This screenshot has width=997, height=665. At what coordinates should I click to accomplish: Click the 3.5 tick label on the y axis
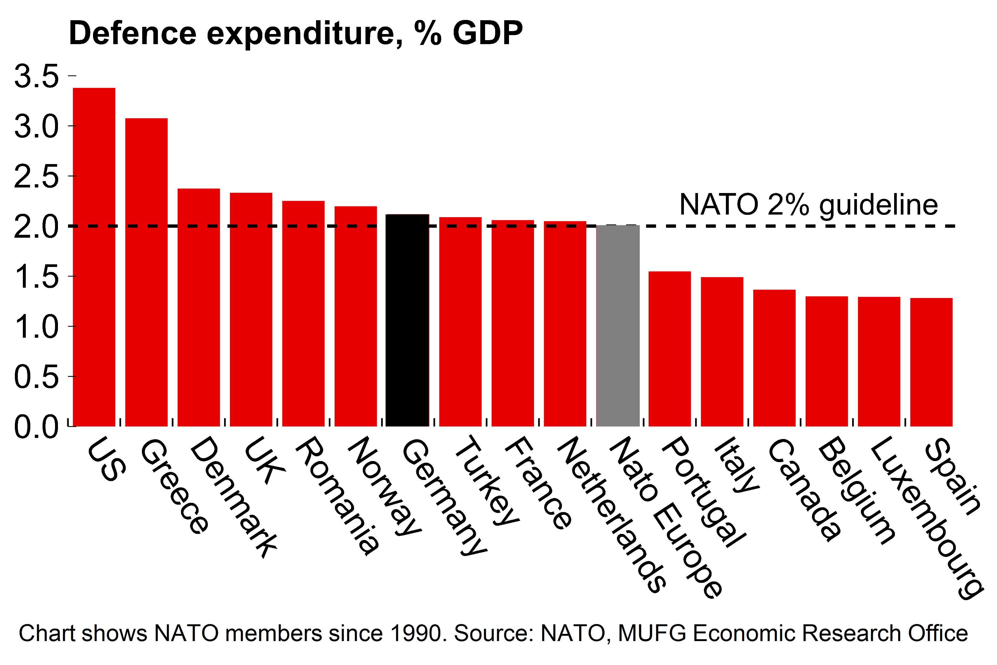(36, 76)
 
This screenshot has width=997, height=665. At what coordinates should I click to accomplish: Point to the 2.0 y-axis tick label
(36, 227)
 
